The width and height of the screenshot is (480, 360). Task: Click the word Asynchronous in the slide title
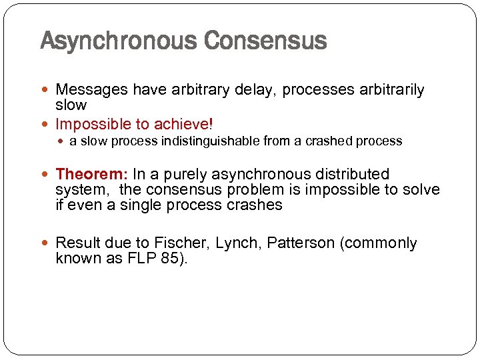119,41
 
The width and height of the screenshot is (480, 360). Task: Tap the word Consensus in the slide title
265,41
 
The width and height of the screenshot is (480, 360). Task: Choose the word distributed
351,175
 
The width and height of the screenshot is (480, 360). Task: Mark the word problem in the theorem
273,190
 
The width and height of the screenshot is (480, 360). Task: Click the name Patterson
301,243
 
